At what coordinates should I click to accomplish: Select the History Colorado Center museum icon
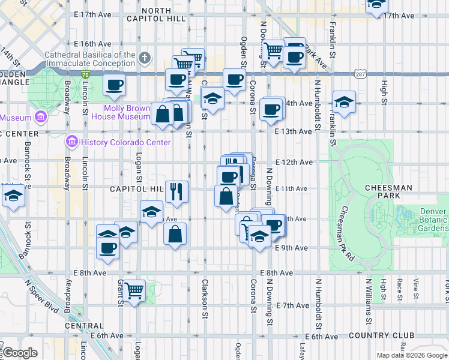coord(71,142)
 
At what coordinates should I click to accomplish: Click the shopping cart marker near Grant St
coord(134,291)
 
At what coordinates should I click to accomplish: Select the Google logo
coord(20,353)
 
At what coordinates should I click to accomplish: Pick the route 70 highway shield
coord(86,74)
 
